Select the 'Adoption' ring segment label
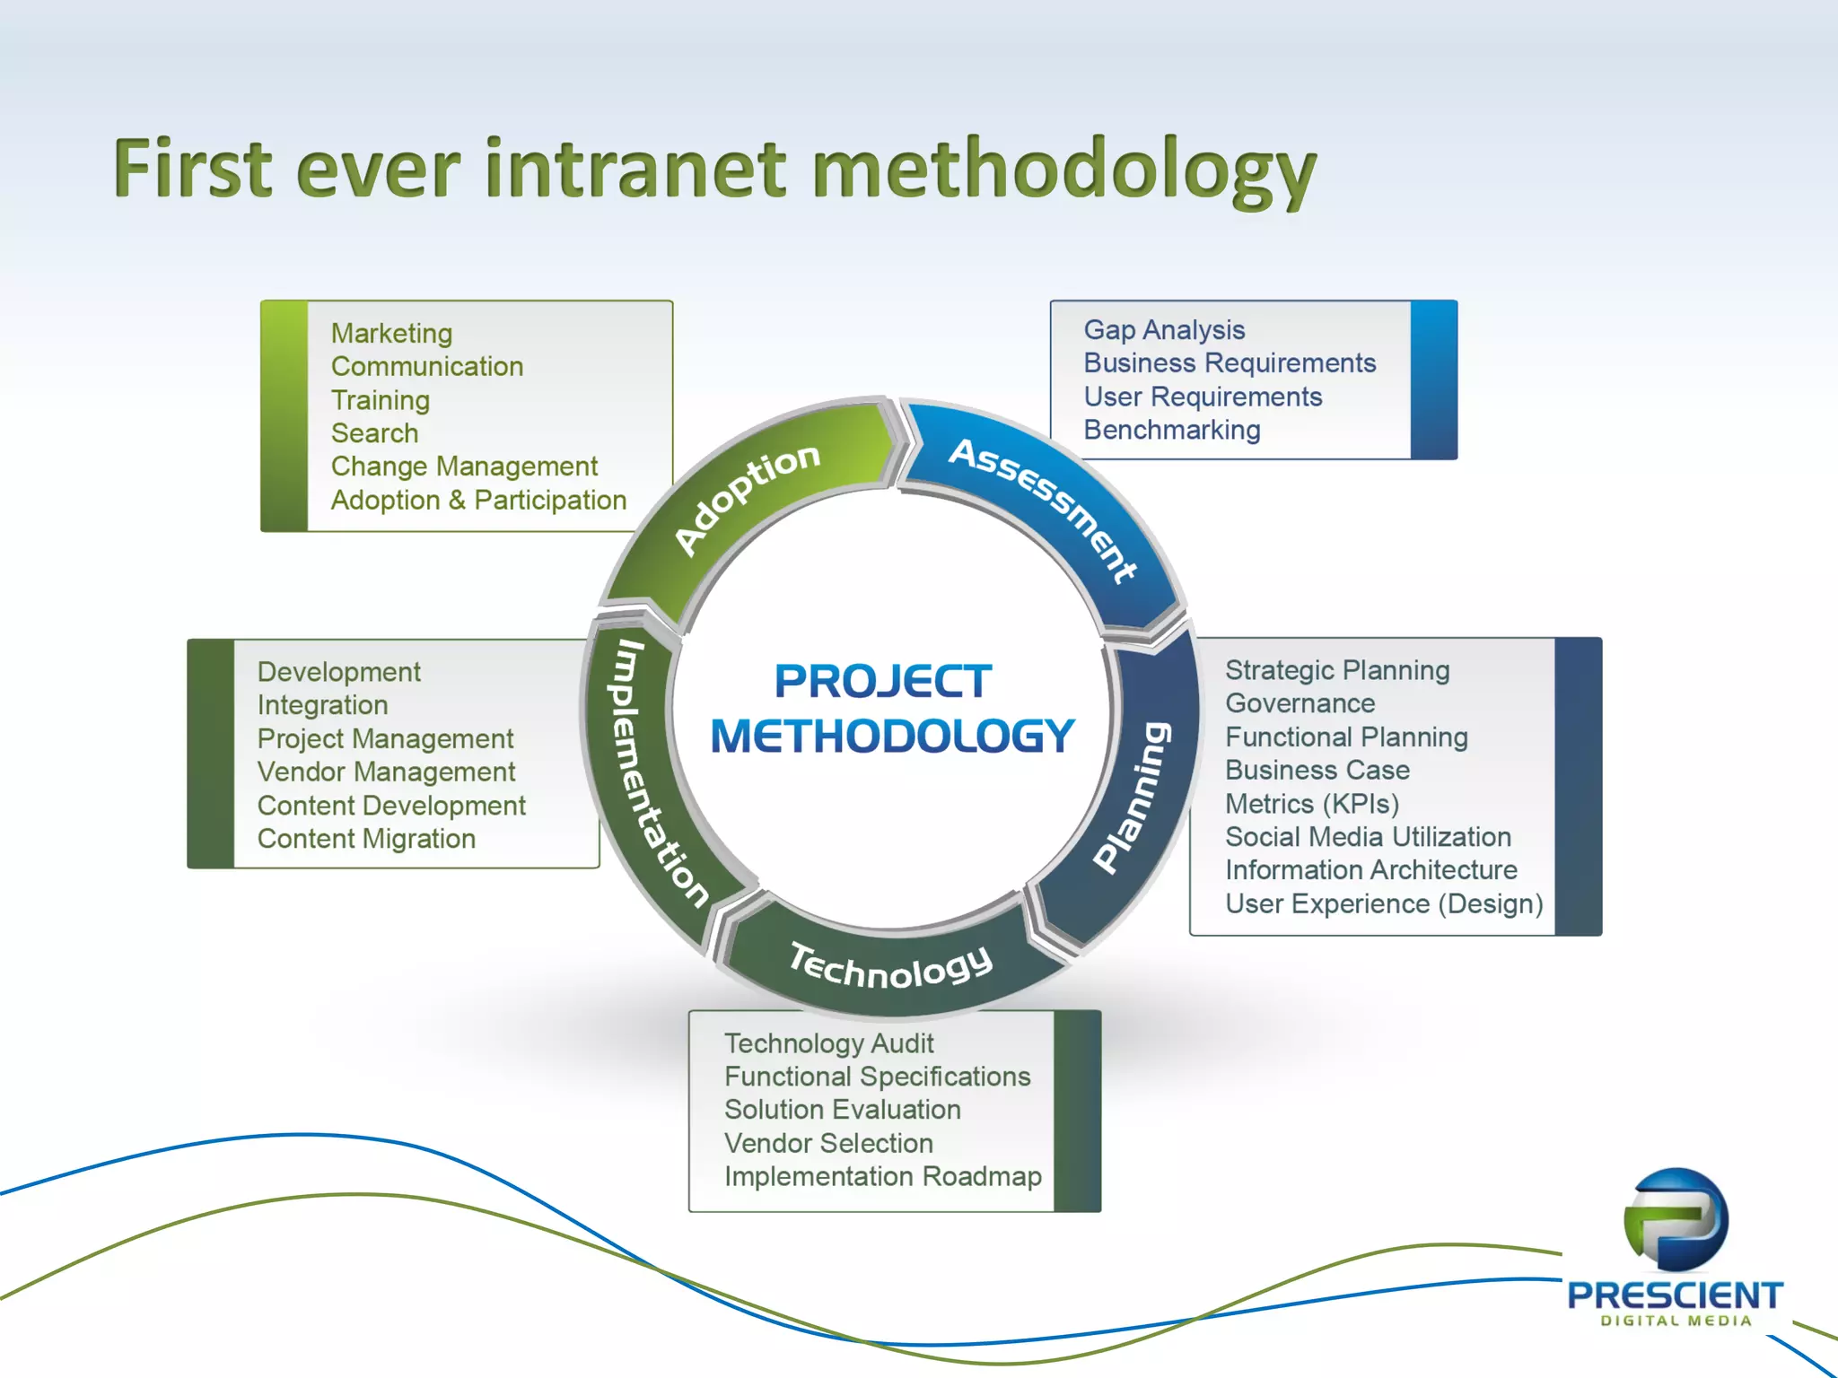[x=746, y=499]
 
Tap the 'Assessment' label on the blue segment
[x=1044, y=508]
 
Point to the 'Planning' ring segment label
[x=1133, y=797]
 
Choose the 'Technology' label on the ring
[x=891, y=967]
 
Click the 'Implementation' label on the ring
[x=653, y=773]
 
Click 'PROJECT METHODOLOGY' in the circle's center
[x=891, y=709]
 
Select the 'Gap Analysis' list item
[x=1164, y=330]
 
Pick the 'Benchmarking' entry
[x=1172, y=431]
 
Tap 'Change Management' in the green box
[x=464, y=467]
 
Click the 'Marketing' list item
[x=391, y=334]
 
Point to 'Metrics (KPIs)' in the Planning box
[x=1312, y=804]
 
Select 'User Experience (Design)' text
[x=1384, y=904]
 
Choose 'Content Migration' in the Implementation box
[x=366, y=839]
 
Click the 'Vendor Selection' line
[x=828, y=1144]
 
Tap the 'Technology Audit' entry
[x=828, y=1043]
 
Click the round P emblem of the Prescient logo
[x=1676, y=1219]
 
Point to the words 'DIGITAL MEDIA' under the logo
[x=1676, y=1321]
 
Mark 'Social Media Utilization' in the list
[x=1368, y=837]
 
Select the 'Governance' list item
[x=1300, y=703]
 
